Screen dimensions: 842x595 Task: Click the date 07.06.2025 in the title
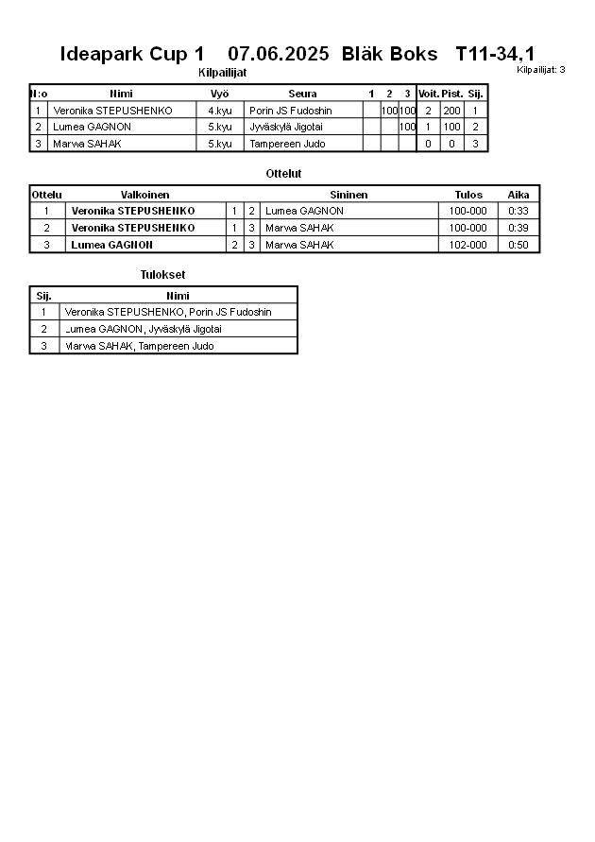(279, 54)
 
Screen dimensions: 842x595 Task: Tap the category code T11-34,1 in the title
(494, 54)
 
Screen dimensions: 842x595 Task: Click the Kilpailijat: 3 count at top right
(540, 70)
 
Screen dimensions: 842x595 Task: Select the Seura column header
(302, 94)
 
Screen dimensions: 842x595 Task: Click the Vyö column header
(220, 94)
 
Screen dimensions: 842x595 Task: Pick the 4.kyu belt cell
(220, 111)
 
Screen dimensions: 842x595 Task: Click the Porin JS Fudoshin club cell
(291, 111)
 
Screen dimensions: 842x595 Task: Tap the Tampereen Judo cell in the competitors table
(287, 144)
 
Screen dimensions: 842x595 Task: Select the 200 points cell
(451, 111)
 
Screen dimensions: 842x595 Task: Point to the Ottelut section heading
(283, 174)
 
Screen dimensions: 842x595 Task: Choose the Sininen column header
(348, 195)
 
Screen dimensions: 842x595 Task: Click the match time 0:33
(518, 211)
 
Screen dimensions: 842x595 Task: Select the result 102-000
(468, 245)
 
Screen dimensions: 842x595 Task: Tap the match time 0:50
(518, 245)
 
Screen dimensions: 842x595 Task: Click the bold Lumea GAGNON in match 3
(111, 245)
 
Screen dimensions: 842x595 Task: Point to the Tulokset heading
(162, 275)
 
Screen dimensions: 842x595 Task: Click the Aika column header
(518, 195)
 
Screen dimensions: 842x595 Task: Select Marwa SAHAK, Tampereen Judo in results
(139, 346)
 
